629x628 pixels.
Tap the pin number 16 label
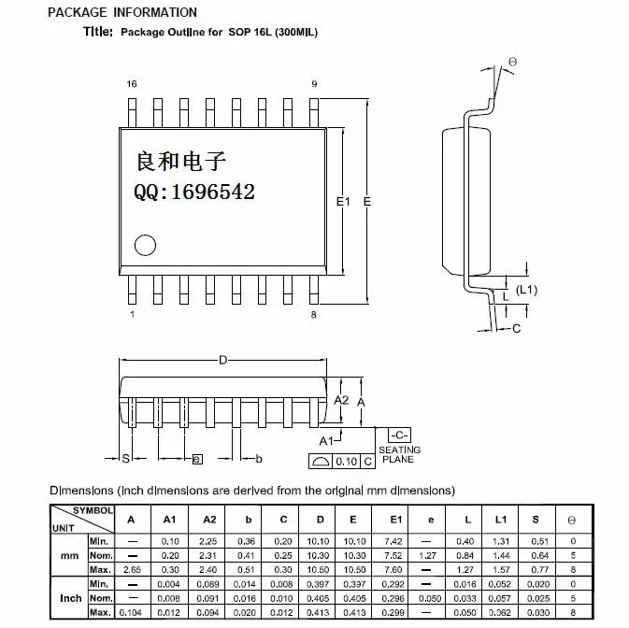[132, 84]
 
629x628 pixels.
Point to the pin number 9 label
[314, 84]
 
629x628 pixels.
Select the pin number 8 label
[314, 315]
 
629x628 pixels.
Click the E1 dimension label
[343, 201]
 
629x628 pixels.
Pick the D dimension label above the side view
[223, 360]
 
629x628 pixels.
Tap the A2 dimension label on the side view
[341, 400]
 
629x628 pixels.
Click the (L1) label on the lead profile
[526, 290]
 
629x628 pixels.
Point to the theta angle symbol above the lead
[513, 62]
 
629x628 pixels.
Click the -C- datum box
[399, 435]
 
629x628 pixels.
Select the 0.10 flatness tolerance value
[346, 462]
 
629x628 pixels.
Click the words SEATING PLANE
[399, 454]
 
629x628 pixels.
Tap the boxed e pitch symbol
[197, 459]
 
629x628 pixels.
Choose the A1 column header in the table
[169, 520]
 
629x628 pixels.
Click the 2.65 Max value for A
[132, 570]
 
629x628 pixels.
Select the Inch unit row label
[70, 598]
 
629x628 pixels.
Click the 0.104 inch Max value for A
[130, 613]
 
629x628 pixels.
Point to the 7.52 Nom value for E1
[393, 556]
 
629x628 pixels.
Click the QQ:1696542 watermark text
[194, 192]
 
